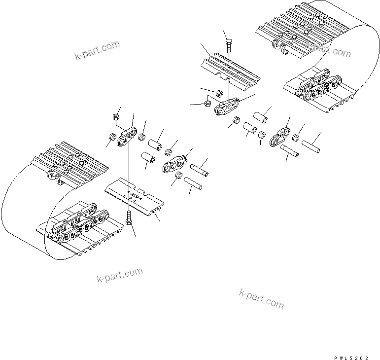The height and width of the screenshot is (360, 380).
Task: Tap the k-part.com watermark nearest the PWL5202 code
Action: click(261, 298)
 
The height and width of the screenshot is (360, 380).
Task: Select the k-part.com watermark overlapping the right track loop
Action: click(328, 48)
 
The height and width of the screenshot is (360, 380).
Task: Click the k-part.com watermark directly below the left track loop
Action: click(120, 277)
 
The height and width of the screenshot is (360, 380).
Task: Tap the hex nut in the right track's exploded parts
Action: click(207, 104)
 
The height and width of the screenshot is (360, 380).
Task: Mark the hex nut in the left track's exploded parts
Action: click(115, 117)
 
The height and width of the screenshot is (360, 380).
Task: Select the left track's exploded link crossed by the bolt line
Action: click(127, 137)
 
